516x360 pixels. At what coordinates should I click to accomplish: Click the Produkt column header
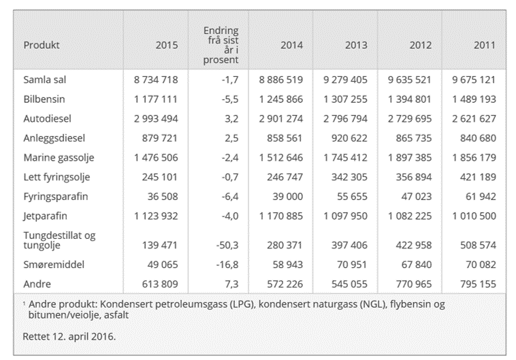(42, 46)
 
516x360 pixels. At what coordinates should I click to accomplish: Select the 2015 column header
(166, 46)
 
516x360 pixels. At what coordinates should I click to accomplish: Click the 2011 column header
(484, 46)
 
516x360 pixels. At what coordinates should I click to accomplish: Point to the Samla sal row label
(44, 80)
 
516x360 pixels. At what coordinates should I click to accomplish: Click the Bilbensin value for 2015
(155, 99)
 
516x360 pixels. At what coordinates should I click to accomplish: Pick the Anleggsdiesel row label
(50, 137)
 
